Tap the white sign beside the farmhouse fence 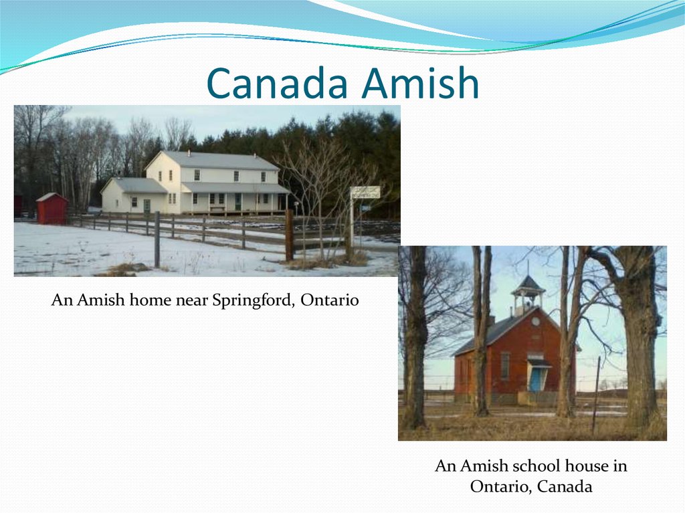tap(365, 192)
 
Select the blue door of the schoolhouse tap(536, 379)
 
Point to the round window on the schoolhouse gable tap(536, 321)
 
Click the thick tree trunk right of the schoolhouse tap(640, 348)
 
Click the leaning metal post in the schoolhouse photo tap(595, 395)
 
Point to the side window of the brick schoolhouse tap(504, 365)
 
